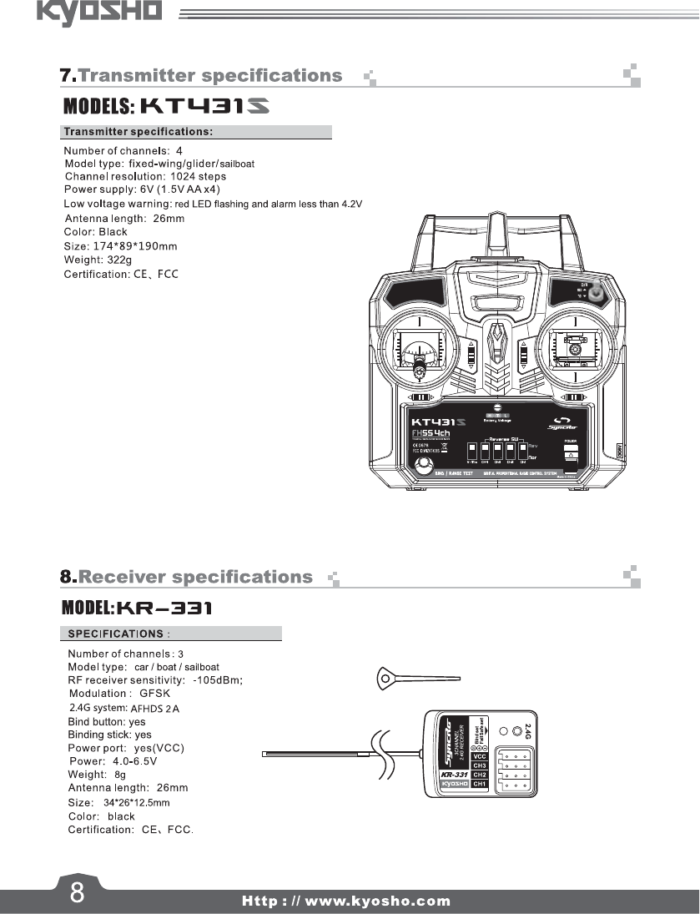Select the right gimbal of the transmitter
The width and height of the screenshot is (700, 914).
[x=575, y=349]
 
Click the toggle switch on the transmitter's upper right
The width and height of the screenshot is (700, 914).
[x=596, y=294]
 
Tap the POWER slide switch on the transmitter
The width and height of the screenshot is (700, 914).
[x=571, y=455]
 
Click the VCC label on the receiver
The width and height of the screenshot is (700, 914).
[x=480, y=757]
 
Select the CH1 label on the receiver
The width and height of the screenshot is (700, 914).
[x=480, y=785]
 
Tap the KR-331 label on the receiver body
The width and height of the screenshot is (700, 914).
[x=454, y=774]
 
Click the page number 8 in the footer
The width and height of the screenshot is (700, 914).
[x=76, y=892]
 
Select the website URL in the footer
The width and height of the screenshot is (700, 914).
[x=345, y=901]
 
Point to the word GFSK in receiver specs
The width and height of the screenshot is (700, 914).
[x=154, y=694]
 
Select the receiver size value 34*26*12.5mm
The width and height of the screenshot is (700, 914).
[x=136, y=803]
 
